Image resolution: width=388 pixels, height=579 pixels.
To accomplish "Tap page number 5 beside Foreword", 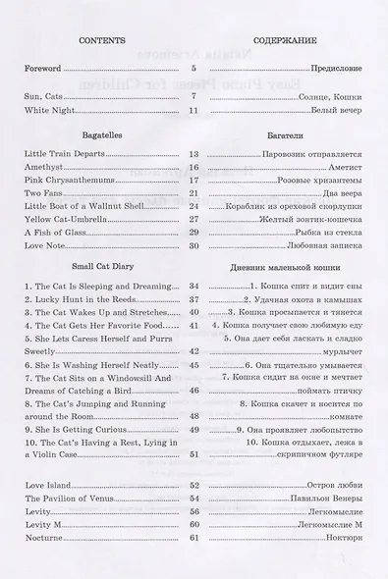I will tap(194, 69).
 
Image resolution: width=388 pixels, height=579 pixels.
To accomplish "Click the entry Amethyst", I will tap(42, 168).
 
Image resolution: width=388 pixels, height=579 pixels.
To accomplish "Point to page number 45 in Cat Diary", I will tap(194, 365).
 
